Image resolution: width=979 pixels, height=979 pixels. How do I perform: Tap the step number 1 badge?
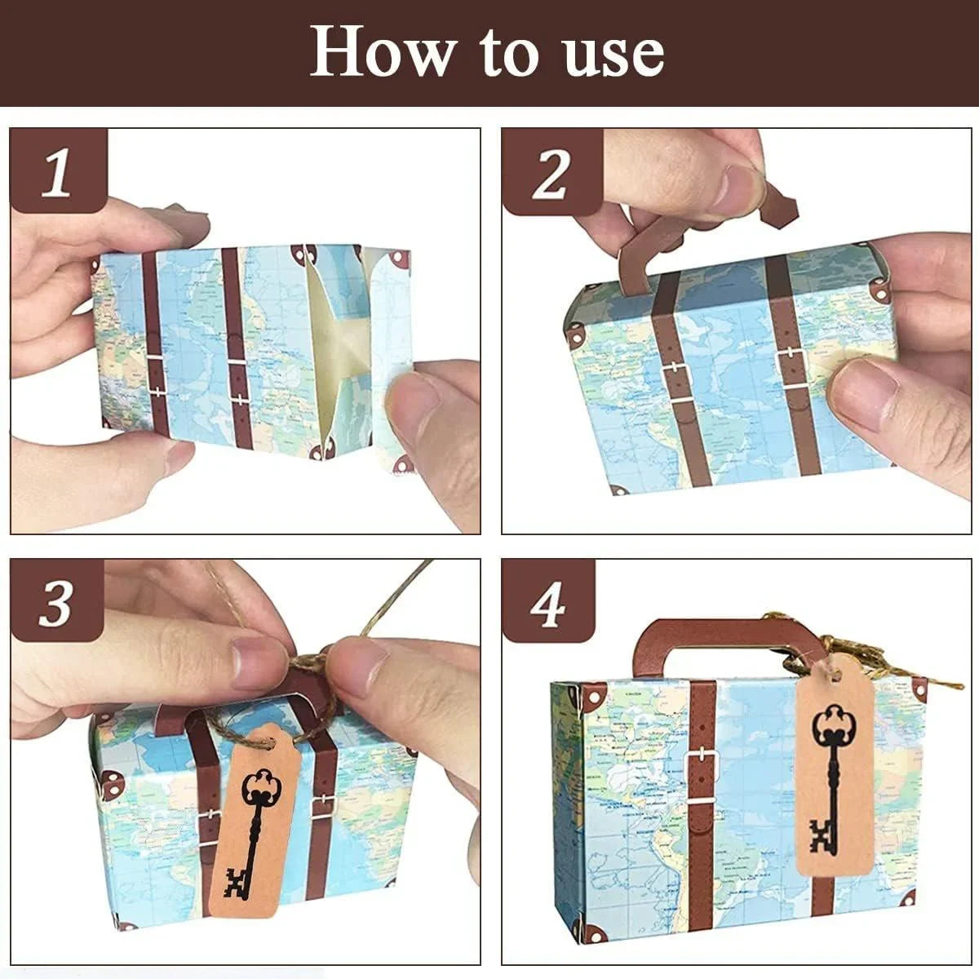pyautogui.click(x=57, y=172)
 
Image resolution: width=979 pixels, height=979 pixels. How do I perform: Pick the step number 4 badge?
pyautogui.click(x=547, y=604)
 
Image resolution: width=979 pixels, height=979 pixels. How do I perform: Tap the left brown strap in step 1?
pyautogui.click(x=155, y=343)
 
